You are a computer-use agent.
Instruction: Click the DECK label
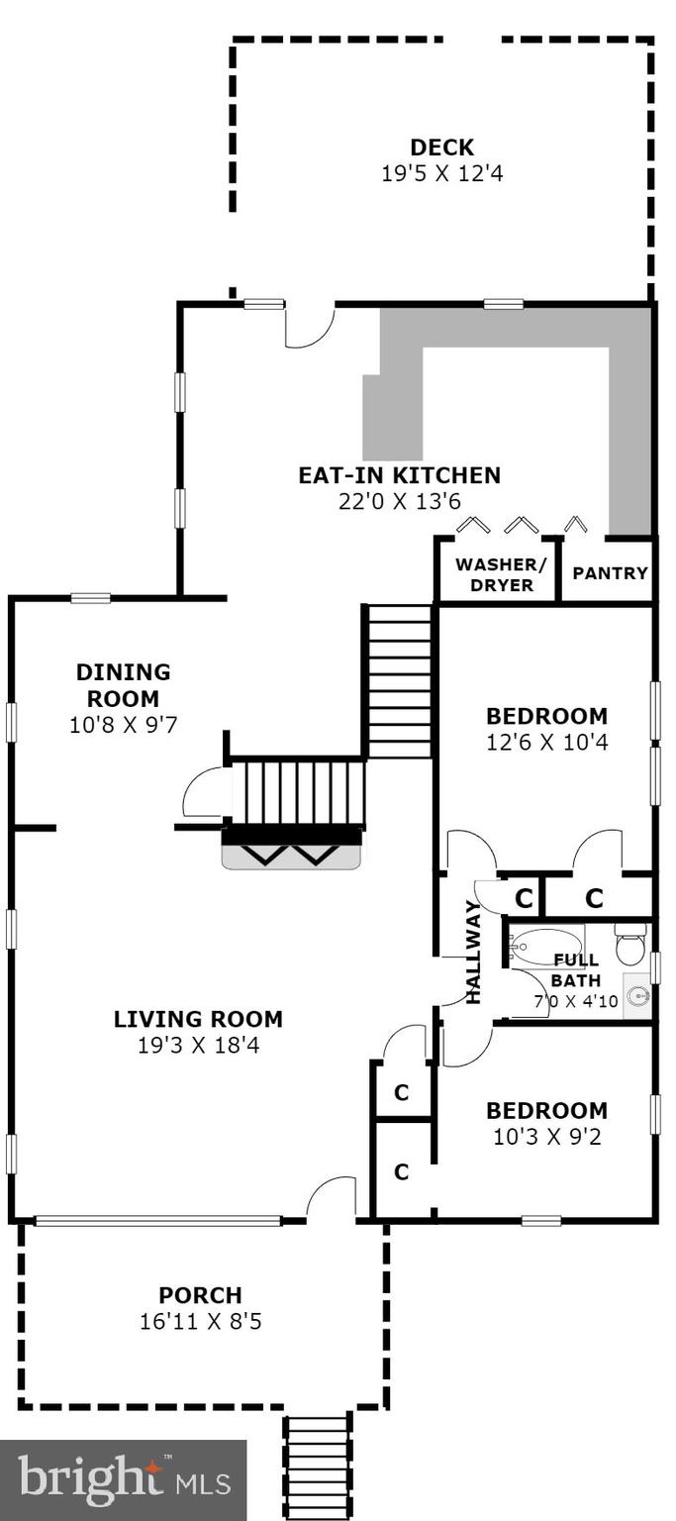441,148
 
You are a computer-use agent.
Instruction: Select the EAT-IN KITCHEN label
399,475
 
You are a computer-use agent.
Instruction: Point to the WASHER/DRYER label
494,575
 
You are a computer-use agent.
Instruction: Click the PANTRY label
610,572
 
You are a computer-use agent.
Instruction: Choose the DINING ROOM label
123,685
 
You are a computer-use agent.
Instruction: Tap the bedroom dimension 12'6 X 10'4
546,742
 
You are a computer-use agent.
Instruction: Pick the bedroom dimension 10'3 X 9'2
546,1137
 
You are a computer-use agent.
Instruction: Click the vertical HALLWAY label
473,951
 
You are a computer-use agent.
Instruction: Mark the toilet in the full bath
630,946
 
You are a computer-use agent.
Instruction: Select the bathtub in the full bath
545,947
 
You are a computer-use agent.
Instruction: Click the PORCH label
200,1295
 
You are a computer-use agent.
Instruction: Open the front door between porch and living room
331,1200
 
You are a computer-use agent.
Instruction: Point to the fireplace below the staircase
292,852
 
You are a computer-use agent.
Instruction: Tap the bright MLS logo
124,1480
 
